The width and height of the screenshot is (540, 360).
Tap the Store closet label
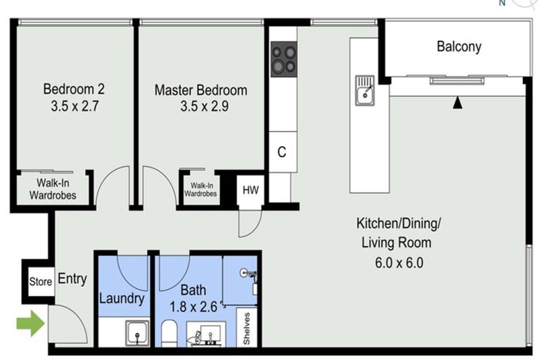click(x=40, y=282)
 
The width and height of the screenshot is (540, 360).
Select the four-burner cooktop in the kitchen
click(x=284, y=59)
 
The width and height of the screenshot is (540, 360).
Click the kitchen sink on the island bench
click(x=366, y=91)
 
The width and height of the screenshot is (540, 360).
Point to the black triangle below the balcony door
click(x=458, y=104)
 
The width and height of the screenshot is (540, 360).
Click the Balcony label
click(x=459, y=47)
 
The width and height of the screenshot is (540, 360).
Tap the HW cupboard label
click(x=250, y=190)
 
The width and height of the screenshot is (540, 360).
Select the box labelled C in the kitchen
click(x=281, y=152)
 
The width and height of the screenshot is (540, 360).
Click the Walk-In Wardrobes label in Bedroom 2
click(x=53, y=190)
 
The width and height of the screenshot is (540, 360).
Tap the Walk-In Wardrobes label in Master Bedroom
click(x=200, y=190)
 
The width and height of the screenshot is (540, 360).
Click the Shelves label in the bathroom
click(x=247, y=328)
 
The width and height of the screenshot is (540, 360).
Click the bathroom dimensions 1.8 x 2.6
click(x=193, y=307)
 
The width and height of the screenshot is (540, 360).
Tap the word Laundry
click(x=122, y=298)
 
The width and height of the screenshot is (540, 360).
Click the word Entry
click(x=72, y=279)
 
